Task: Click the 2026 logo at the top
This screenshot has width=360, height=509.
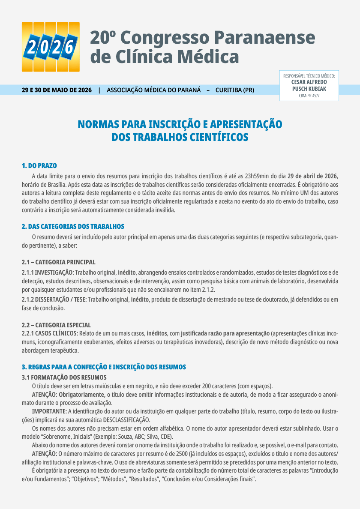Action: (51, 47)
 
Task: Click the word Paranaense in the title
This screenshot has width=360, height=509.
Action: (264, 38)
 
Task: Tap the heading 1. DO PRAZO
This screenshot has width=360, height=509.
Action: (39, 166)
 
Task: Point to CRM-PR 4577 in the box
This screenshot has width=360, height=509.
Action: (309, 96)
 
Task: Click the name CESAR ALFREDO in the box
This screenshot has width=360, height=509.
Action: (309, 82)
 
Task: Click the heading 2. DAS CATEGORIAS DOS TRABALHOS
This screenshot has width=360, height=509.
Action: (73, 226)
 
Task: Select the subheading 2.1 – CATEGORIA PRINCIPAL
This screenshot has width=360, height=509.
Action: (59, 262)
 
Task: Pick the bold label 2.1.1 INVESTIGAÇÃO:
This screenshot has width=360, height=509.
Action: (48, 272)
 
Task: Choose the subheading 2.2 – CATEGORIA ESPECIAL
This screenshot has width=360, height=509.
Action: (56, 325)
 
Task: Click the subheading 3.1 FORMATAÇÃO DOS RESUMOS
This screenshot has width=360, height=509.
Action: (64, 377)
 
